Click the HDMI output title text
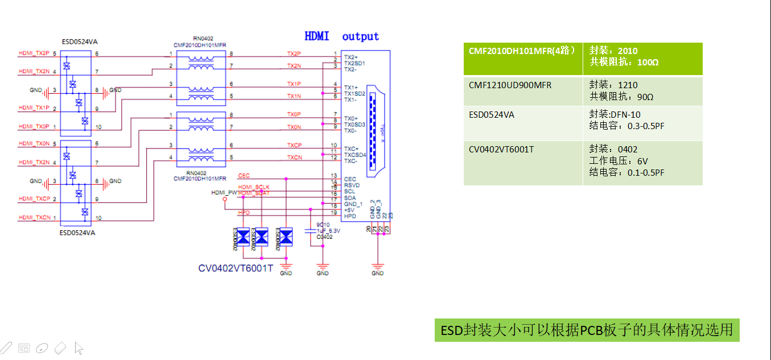tap(341, 36)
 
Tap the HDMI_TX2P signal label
tap(34, 53)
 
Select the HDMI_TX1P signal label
tap(34, 107)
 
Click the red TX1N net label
tap(294, 96)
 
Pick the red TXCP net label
tap(294, 145)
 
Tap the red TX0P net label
tap(294, 114)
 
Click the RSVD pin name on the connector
tap(351, 185)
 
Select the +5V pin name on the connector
tap(349, 210)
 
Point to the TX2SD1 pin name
tap(354, 63)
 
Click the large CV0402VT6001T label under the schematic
tap(236, 268)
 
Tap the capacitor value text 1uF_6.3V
tap(328, 230)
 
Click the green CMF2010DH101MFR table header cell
tap(523, 51)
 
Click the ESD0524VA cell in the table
tap(492, 115)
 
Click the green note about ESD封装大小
tap(587, 330)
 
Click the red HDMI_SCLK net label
tap(254, 187)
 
